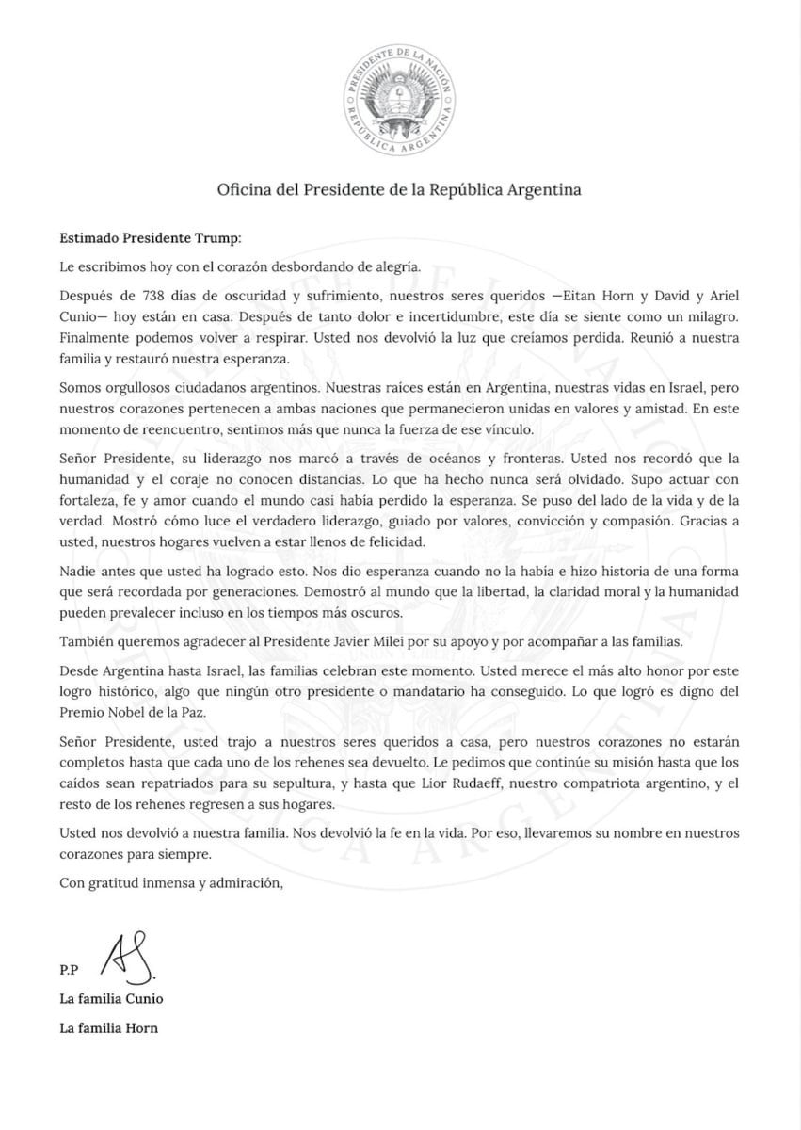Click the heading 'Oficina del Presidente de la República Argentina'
click(x=400, y=189)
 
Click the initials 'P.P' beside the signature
click(x=68, y=969)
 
